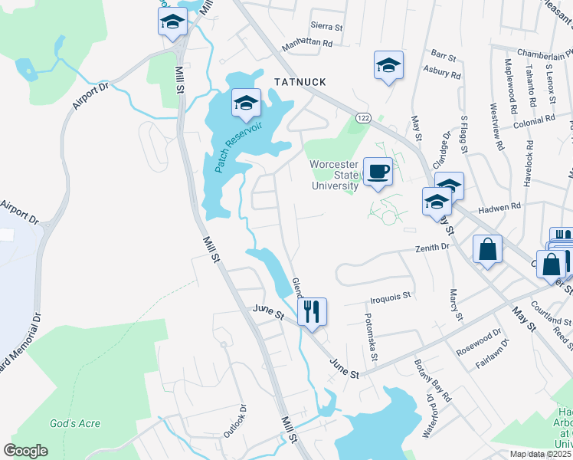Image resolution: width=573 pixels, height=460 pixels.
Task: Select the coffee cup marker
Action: [x=378, y=172]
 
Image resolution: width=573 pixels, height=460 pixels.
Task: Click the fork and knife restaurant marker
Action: [x=312, y=311]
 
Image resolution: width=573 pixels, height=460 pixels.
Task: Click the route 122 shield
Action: [x=363, y=116]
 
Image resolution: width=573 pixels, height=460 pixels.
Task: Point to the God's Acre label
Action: [x=75, y=423]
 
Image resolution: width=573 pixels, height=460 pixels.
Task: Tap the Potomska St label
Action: [x=371, y=337]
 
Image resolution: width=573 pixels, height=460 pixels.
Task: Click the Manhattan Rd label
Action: [x=307, y=44]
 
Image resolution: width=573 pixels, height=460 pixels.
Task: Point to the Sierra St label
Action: [x=326, y=26]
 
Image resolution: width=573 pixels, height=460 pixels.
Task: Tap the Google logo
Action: [x=25, y=451]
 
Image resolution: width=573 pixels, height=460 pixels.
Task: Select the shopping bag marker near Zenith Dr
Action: [x=487, y=249]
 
